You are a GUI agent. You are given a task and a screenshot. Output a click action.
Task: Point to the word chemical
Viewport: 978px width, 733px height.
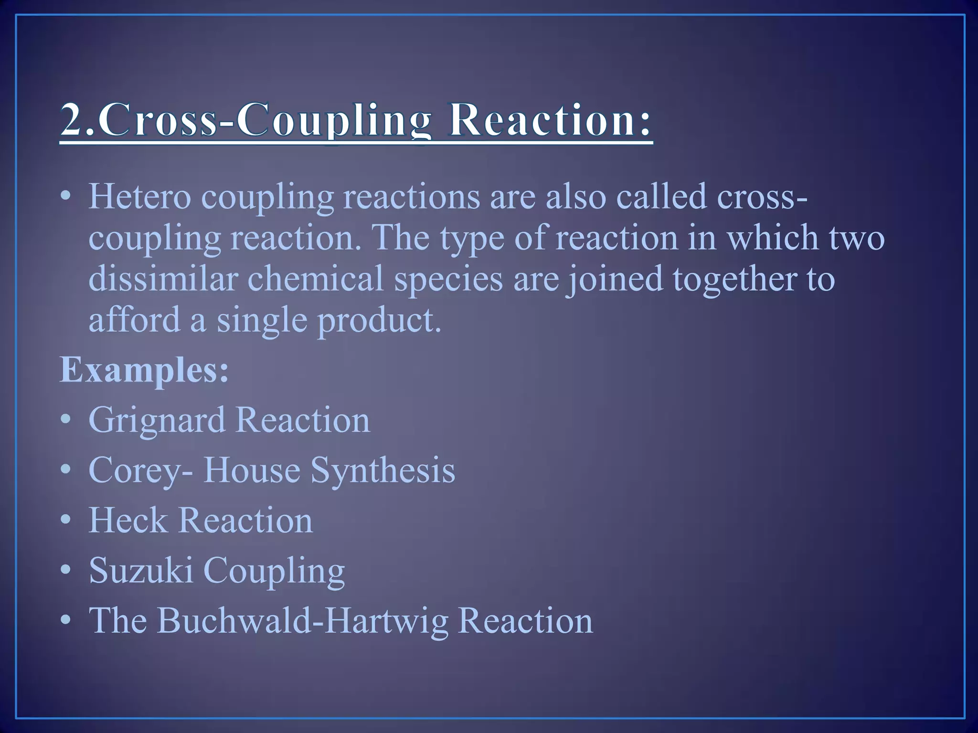316,279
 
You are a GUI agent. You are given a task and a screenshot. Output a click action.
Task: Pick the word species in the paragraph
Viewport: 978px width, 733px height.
448,280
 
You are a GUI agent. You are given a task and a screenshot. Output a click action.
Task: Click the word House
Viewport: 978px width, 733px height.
252,470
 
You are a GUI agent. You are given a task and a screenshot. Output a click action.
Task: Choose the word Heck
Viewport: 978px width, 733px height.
128,520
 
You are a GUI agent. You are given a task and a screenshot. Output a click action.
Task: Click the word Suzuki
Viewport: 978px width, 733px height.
141,570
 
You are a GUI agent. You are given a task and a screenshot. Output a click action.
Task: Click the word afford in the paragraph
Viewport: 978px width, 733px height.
134,320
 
